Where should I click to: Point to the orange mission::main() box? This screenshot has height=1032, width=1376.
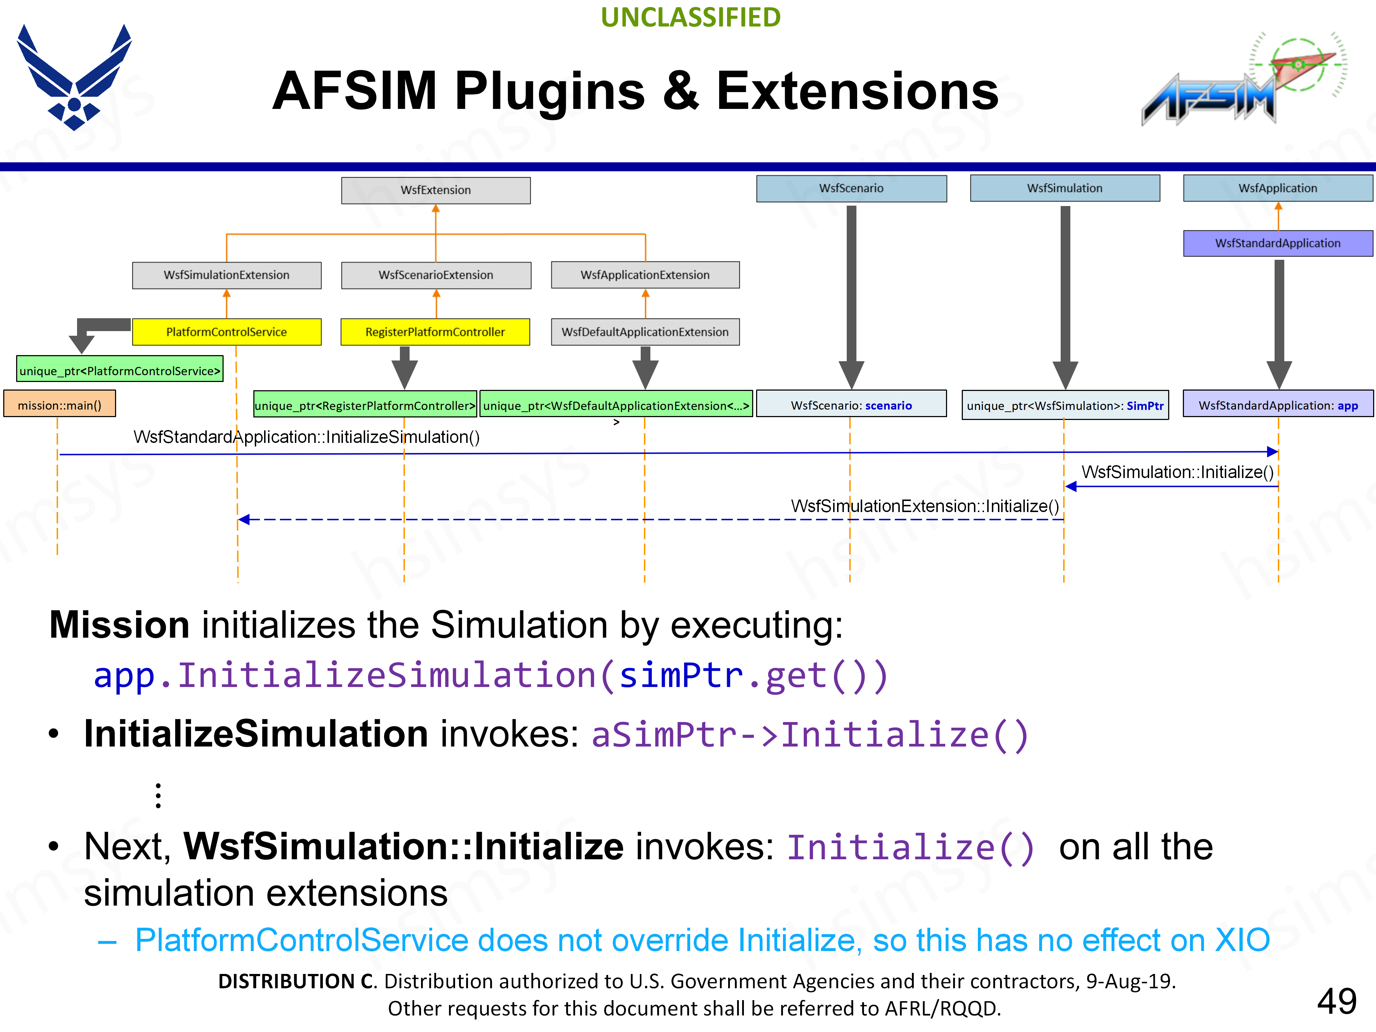pos(60,405)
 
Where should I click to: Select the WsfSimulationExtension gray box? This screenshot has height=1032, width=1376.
pos(226,275)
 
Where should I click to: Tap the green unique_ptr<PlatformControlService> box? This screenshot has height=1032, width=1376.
pos(119,371)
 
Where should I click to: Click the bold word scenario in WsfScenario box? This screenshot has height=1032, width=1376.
pos(888,406)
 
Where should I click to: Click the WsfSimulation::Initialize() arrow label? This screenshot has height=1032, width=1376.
pos(1177,472)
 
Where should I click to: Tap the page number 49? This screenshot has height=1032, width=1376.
pos(1336,1001)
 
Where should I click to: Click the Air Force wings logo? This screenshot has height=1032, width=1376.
pos(74,78)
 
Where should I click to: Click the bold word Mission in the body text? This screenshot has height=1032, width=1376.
pos(119,625)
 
